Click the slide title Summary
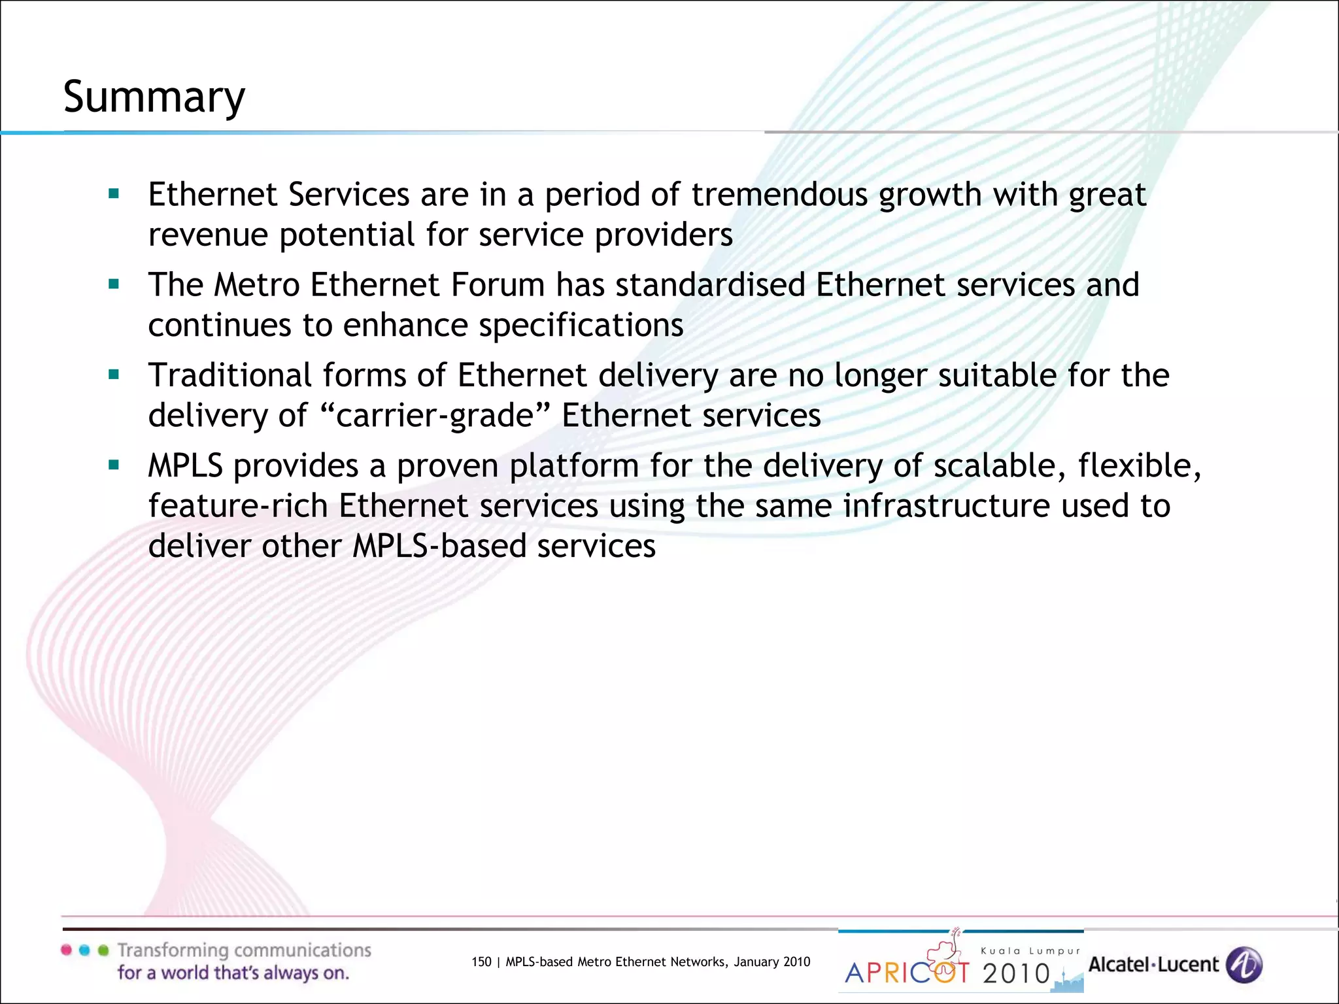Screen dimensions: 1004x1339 [154, 97]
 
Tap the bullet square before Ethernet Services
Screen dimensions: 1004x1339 [114, 193]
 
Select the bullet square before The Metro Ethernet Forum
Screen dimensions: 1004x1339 [114, 284]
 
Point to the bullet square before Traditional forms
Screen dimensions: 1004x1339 [114, 375]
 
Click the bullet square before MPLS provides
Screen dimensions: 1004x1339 [114, 465]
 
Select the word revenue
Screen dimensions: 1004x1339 [208, 235]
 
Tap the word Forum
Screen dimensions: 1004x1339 [498, 285]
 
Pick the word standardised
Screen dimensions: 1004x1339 [710, 285]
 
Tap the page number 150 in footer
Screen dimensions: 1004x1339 [481, 962]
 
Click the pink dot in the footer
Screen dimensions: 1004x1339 [67, 950]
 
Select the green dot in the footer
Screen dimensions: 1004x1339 [103, 950]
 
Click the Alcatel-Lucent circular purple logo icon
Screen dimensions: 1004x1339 [1244, 965]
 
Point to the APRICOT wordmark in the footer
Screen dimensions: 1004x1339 [907, 973]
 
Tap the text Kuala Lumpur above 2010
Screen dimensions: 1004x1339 [1030, 951]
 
